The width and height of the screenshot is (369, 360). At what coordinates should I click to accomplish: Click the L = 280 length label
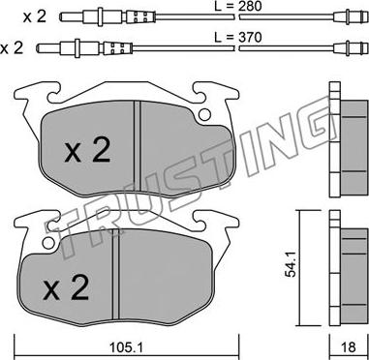coord(238,6)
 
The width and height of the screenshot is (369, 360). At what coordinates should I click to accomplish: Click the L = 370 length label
coord(238,38)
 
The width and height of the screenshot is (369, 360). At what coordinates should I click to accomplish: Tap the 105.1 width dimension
coord(126,347)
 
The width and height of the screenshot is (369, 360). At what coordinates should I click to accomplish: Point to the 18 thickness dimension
coord(348,347)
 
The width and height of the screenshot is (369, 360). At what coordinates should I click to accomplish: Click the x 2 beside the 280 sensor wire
coord(34,16)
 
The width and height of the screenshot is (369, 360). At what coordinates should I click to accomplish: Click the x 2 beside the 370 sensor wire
coord(12,48)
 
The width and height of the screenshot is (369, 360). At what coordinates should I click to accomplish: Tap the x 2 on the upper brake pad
coord(87,151)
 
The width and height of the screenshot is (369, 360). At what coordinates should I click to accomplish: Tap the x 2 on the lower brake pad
coord(66,288)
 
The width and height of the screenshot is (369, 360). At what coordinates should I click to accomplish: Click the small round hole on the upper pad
coord(204,114)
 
